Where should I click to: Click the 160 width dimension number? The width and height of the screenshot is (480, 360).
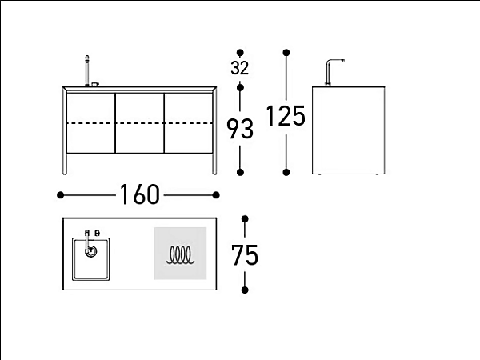pyautogui.click(x=139, y=194)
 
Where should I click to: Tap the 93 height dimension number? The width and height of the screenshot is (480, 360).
pyautogui.click(x=240, y=129)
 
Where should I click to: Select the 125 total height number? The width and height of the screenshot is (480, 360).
pyautogui.click(x=286, y=116)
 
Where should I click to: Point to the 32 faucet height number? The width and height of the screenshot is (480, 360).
pyautogui.click(x=240, y=68)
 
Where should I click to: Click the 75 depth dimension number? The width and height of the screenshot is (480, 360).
pyautogui.click(x=245, y=255)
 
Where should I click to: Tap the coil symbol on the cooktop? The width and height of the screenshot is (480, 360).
pyautogui.click(x=180, y=255)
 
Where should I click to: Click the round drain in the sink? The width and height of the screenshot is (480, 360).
pyautogui.click(x=90, y=251)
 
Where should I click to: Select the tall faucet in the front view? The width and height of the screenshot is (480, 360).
pyautogui.click(x=87, y=70)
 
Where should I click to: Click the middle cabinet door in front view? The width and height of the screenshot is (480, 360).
pyautogui.click(x=139, y=123)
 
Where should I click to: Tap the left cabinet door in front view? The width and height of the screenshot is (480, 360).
pyautogui.click(x=90, y=123)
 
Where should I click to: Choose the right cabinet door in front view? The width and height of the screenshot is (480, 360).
pyautogui.click(x=188, y=123)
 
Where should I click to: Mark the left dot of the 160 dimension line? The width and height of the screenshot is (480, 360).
pyautogui.click(x=60, y=195)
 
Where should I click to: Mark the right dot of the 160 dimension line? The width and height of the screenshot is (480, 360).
pyautogui.click(x=216, y=195)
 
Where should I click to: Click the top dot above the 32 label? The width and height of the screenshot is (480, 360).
pyautogui.click(x=240, y=52)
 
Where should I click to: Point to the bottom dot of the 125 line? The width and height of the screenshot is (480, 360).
pyautogui.click(x=286, y=172)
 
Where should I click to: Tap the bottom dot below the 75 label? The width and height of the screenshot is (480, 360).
pyautogui.click(x=245, y=290)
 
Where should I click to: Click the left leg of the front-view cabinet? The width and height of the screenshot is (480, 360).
pyautogui.click(x=65, y=132)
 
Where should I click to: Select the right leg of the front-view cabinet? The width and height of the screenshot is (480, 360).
pyautogui.click(x=214, y=132)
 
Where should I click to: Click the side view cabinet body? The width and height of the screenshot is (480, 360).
pyautogui.click(x=348, y=130)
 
